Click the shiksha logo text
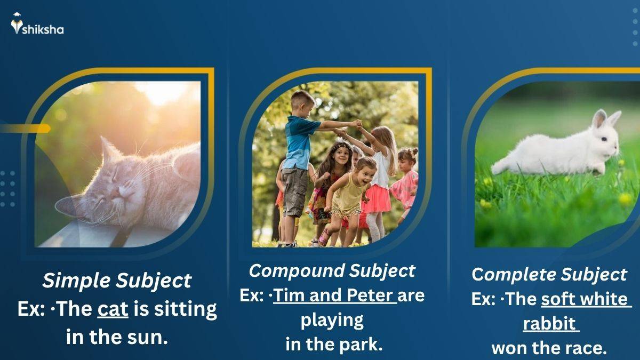(x=43, y=29)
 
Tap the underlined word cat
(x=113, y=309)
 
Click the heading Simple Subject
(x=117, y=281)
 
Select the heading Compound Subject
(x=332, y=271)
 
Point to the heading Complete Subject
(x=549, y=275)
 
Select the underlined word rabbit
(x=549, y=323)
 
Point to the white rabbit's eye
(x=604, y=139)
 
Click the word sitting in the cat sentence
(x=186, y=310)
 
